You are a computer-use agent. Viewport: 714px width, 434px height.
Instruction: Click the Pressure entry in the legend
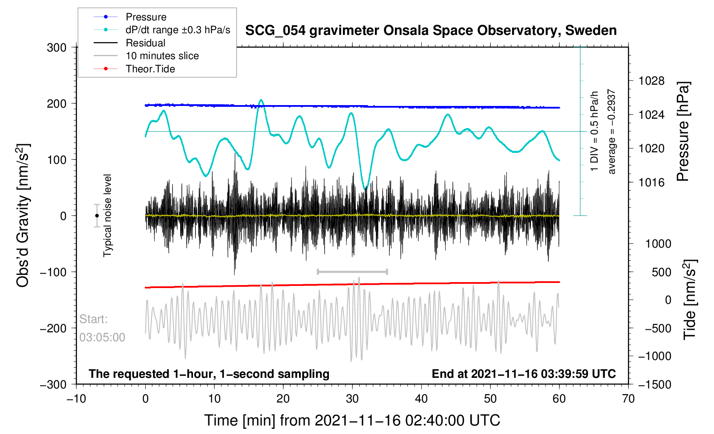pyautogui.click(x=146, y=17)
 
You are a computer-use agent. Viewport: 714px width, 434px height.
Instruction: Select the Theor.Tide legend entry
pyautogui.click(x=150, y=69)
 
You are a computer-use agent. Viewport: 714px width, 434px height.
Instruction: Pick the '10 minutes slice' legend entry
pyautogui.click(x=162, y=56)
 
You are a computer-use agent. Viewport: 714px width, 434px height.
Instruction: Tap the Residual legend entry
pyautogui.click(x=145, y=43)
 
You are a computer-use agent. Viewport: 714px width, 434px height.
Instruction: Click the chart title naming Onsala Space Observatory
pyautogui.click(x=431, y=31)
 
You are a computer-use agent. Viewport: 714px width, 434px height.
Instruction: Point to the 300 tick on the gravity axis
pyautogui.click(x=57, y=48)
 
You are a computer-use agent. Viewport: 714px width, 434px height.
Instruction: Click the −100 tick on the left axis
pyautogui.click(x=54, y=272)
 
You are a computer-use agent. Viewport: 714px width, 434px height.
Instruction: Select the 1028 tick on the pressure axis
pyautogui.click(x=651, y=81)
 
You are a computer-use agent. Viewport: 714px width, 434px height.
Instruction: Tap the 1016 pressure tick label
pyautogui.click(x=651, y=183)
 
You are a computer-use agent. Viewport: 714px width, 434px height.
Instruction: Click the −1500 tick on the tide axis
pyautogui.click(x=654, y=385)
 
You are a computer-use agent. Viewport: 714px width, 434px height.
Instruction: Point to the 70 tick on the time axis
pyautogui.click(x=628, y=399)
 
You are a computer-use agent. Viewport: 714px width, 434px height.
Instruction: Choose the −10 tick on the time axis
pyautogui.click(x=77, y=399)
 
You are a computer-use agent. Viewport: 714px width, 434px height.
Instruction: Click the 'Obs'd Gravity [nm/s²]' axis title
pyautogui.click(x=23, y=216)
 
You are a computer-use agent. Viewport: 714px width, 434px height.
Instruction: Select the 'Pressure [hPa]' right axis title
pyautogui.click(x=683, y=132)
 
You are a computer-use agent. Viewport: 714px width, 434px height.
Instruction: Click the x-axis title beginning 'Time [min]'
pyautogui.click(x=352, y=420)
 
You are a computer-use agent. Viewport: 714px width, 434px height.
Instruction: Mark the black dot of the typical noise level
pyautogui.click(x=97, y=216)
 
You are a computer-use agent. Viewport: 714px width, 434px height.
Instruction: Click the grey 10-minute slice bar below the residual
pyautogui.click(x=352, y=271)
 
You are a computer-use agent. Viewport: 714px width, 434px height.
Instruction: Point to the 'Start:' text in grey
pyautogui.click(x=94, y=319)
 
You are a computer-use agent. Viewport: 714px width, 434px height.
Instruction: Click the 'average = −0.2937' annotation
pyautogui.click(x=612, y=131)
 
